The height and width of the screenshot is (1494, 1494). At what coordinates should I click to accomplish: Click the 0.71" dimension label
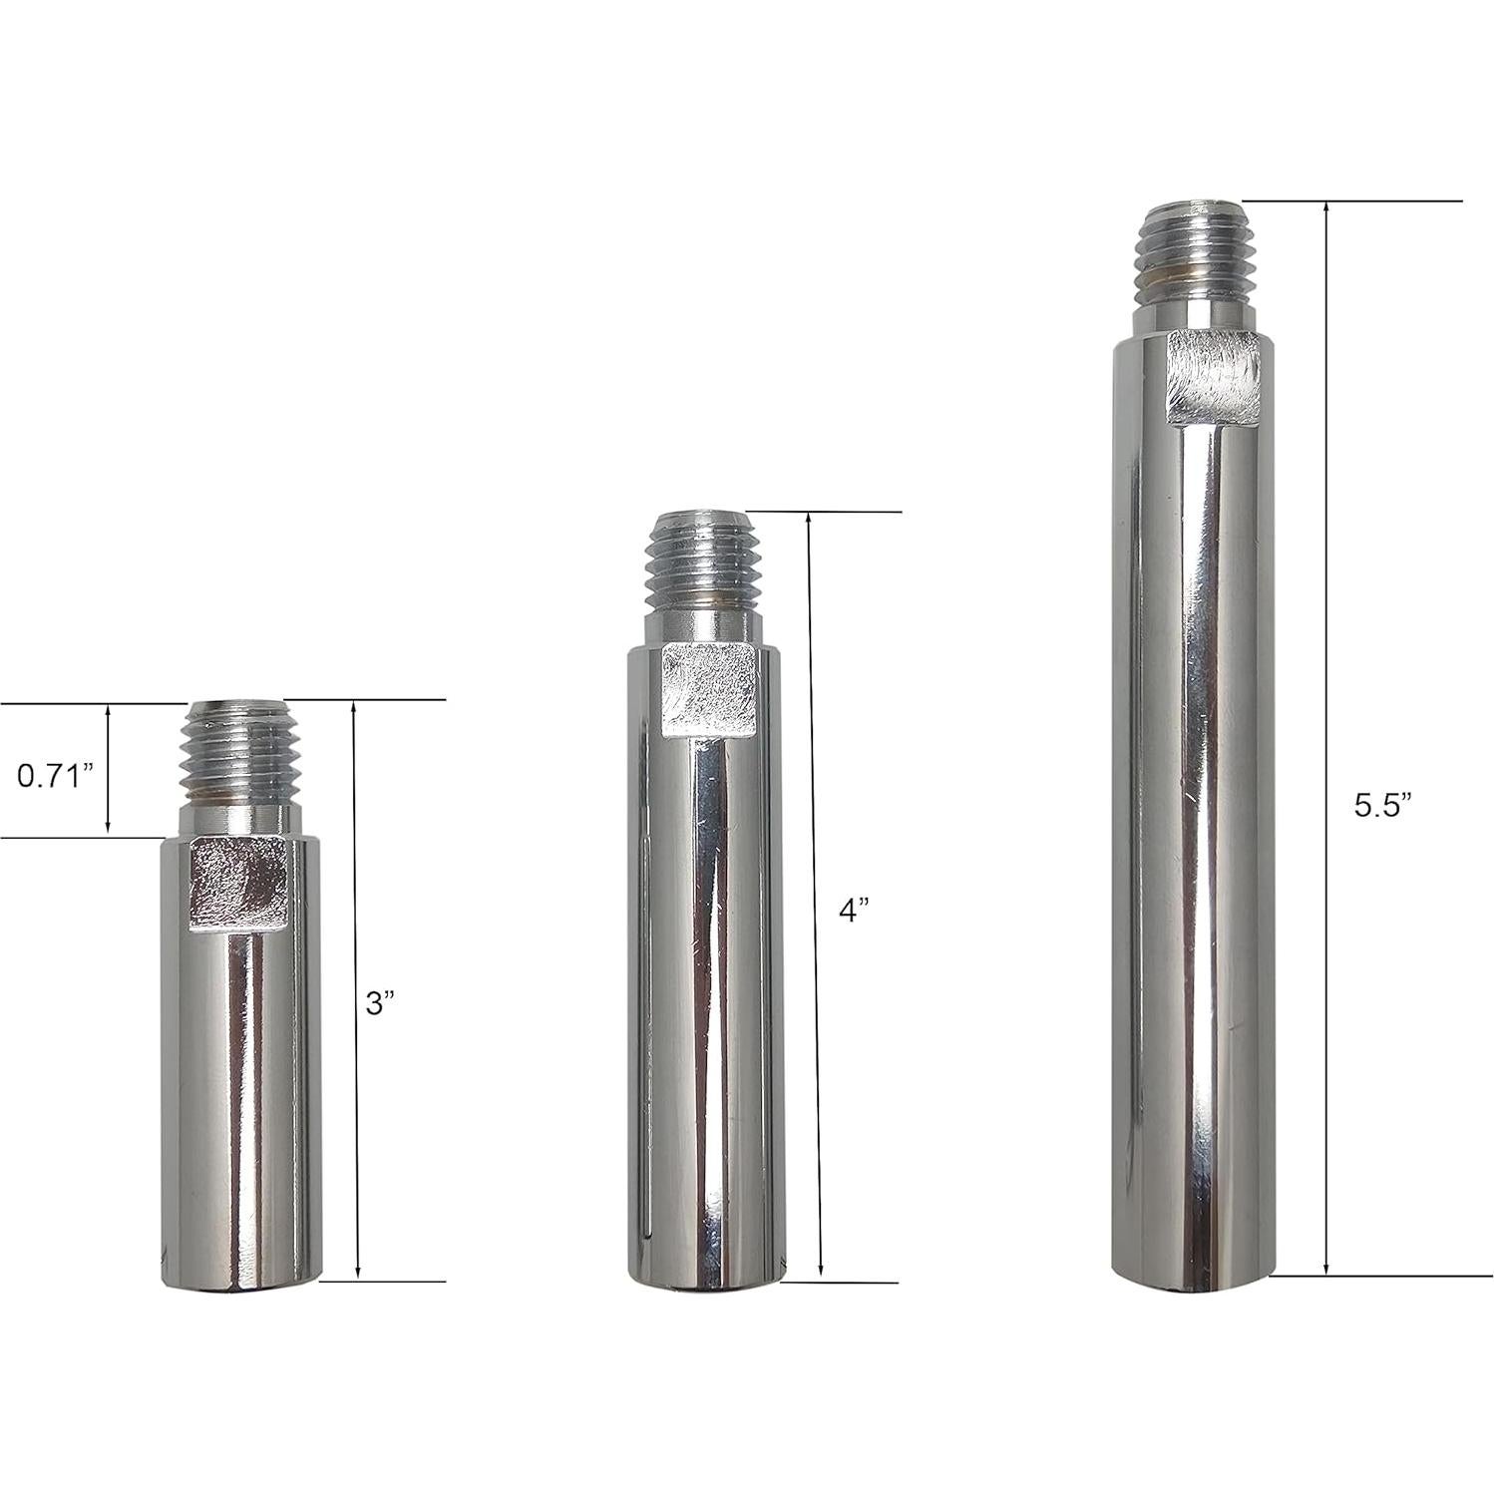click(x=55, y=776)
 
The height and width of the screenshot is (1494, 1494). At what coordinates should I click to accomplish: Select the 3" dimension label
click(x=380, y=1003)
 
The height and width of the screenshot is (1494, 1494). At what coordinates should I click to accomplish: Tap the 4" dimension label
click(x=853, y=910)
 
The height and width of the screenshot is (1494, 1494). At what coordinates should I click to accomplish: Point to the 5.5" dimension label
click(x=1383, y=806)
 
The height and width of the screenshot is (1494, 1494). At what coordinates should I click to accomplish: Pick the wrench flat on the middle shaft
click(x=707, y=691)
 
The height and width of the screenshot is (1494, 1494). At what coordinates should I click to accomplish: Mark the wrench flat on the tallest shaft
click(x=1213, y=375)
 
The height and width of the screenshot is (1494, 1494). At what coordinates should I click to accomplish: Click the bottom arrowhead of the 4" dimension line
click(x=820, y=1273)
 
